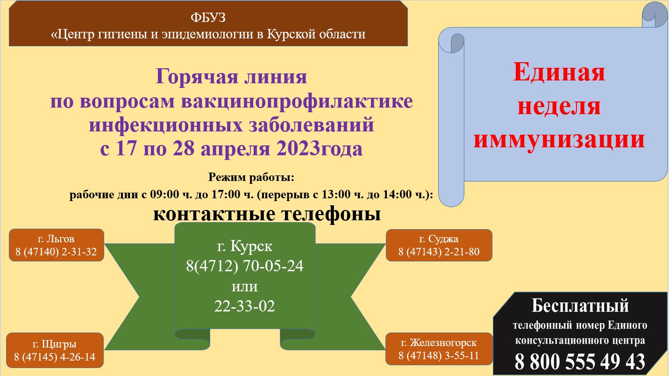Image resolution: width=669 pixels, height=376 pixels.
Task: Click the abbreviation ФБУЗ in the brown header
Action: [x=208, y=18]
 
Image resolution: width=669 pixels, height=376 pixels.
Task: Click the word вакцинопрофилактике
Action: [x=297, y=101]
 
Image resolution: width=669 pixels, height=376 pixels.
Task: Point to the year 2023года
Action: [x=319, y=149]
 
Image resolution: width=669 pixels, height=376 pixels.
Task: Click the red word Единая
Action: [x=559, y=72]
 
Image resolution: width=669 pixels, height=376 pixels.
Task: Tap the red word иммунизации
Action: [x=559, y=139]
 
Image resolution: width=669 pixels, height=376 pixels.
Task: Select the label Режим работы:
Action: [x=251, y=177]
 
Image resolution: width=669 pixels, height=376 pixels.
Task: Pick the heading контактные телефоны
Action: [x=267, y=214]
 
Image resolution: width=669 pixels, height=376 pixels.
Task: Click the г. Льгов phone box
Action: [x=57, y=245]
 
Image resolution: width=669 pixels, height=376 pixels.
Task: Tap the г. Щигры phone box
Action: [x=55, y=350]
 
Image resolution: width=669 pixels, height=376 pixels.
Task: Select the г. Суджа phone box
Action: [x=439, y=246]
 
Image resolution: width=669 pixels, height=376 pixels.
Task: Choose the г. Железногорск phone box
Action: [x=439, y=349]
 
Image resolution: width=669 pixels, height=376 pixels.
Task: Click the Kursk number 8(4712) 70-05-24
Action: [x=245, y=266]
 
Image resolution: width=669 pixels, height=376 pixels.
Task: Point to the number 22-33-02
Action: [x=244, y=306]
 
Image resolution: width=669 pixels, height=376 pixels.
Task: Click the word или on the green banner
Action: [x=245, y=287]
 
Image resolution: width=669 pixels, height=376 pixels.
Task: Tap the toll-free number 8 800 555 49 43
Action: [x=580, y=362]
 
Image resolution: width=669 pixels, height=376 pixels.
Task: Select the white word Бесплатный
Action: [x=580, y=305]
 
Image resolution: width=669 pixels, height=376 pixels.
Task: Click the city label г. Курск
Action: [x=245, y=246]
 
